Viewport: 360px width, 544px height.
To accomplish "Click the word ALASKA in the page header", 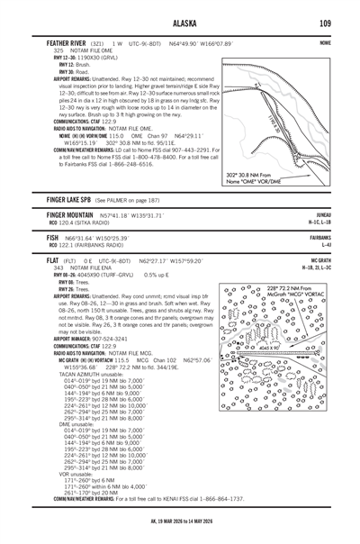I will click(178, 23).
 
